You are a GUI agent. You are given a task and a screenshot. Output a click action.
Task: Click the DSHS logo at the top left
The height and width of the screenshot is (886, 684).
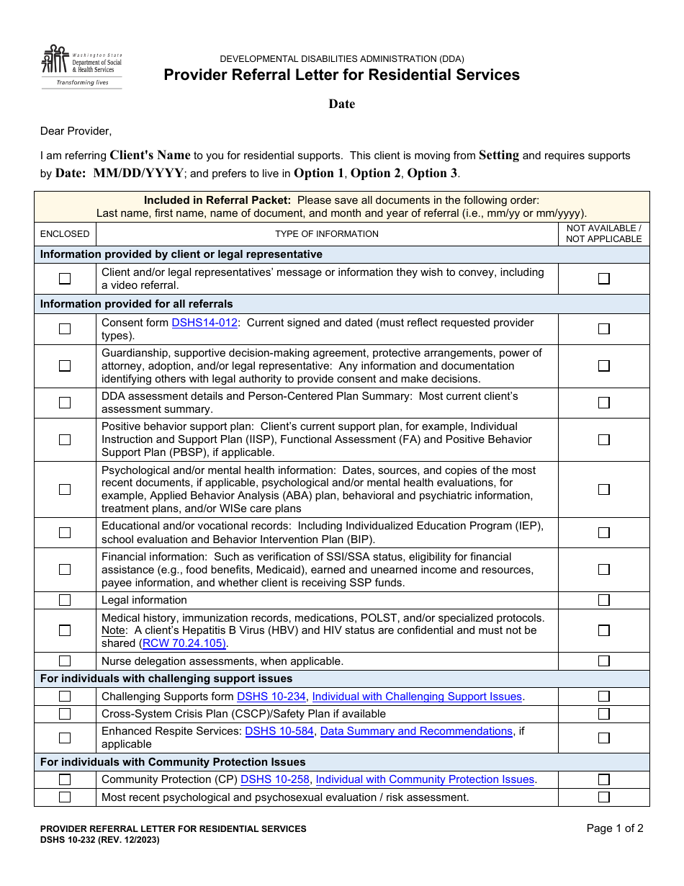[81, 66]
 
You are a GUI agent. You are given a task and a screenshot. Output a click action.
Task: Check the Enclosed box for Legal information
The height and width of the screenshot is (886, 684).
[65, 600]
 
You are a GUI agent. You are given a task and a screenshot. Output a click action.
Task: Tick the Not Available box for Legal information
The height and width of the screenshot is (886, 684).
[604, 600]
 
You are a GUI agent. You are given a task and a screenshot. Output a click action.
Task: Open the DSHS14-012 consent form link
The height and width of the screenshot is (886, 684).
[204, 323]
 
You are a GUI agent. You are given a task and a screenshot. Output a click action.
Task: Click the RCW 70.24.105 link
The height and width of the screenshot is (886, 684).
[184, 643]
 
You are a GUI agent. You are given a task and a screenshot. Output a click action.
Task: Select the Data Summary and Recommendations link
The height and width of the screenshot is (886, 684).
[416, 731]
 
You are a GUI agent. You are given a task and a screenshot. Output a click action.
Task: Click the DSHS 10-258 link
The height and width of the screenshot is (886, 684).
[275, 779]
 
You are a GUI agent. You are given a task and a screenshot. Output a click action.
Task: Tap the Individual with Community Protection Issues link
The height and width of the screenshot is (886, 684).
[425, 779]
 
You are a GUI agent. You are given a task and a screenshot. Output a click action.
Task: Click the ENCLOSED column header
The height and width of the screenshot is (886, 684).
[65, 234]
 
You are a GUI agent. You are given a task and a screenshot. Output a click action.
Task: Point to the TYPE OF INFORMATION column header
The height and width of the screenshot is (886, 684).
[327, 234]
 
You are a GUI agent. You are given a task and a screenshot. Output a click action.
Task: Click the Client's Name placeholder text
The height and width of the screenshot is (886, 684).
[150, 155]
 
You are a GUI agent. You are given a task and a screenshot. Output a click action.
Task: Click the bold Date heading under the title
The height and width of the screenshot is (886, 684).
[342, 104]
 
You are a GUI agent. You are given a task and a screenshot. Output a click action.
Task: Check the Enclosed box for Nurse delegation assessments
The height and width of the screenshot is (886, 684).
[65, 661]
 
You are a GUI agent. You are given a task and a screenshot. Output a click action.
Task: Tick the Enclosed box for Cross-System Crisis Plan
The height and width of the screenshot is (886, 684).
[65, 714]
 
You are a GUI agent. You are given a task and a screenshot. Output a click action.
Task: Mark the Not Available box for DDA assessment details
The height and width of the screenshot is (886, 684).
[604, 403]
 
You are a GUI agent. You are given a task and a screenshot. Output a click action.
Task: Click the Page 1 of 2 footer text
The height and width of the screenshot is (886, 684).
[615, 828]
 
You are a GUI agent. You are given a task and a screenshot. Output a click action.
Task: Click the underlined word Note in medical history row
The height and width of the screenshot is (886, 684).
[112, 630]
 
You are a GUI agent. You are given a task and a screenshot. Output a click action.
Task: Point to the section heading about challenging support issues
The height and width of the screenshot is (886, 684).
[166, 679]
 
